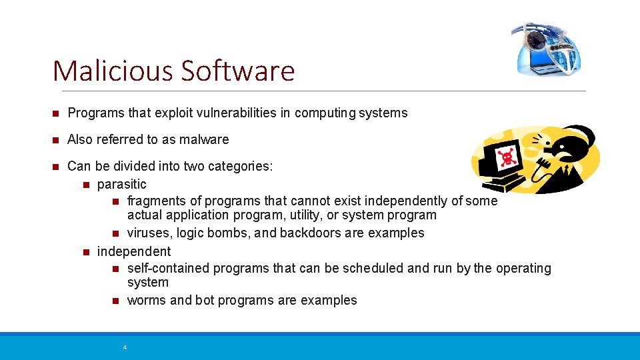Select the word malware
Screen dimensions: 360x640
pos(207,139)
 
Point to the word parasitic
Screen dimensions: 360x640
pos(122,184)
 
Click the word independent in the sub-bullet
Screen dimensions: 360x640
pos(134,251)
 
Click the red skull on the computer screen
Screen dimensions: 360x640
pos(508,158)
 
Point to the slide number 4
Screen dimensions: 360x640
pos(125,347)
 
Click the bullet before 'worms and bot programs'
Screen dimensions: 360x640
pos(115,301)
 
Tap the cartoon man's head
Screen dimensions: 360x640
pos(567,143)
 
